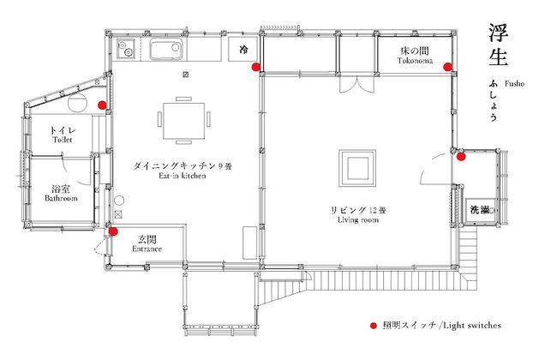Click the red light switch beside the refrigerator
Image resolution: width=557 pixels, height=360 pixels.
(255, 66)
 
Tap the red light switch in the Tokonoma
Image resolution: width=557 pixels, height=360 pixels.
(446, 66)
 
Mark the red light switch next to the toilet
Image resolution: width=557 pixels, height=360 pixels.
(102, 105)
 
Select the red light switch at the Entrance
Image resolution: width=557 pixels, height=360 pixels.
(113, 230)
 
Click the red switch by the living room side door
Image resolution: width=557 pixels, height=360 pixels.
(461, 156)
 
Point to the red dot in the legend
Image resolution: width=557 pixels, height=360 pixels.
(373, 327)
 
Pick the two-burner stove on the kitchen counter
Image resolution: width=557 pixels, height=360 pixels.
(127, 51)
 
